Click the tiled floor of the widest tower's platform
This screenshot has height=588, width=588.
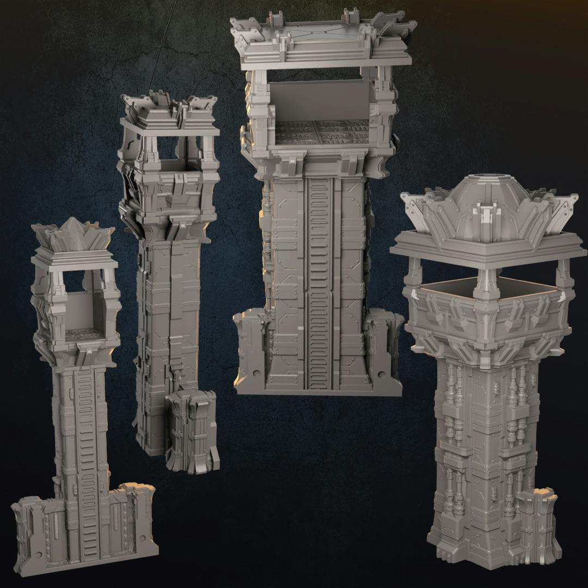point(321,132)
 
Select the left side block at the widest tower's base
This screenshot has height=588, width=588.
point(249,348)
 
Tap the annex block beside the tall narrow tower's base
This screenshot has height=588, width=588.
point(191,430)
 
